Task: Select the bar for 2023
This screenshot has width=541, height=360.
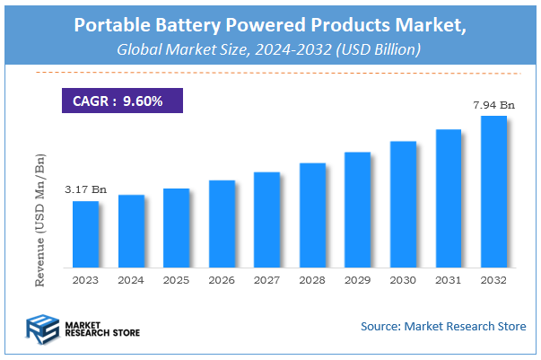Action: coord(85,234)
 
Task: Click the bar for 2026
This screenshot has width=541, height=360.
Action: coord(222,224)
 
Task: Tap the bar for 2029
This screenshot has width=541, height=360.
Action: coord(358,210)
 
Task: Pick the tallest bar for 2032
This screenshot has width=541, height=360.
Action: coord(494,191)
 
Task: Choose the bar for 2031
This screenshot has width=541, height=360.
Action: coord(449,198)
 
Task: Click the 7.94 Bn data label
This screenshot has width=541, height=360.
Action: coord(493,105)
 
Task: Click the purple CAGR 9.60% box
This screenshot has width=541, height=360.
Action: coord(121,101)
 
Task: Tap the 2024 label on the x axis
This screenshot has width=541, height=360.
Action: coord(131,280)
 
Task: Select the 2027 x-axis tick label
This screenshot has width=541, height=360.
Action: coord(267,280)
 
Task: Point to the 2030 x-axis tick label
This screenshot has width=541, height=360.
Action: coord(403,280)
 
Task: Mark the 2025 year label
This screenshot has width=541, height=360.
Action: coord(176,280)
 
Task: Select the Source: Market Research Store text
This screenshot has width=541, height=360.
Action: coord(443,326)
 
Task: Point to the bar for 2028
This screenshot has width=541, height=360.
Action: coord(312,215)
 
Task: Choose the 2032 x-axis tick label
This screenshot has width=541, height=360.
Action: coord(493,280)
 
